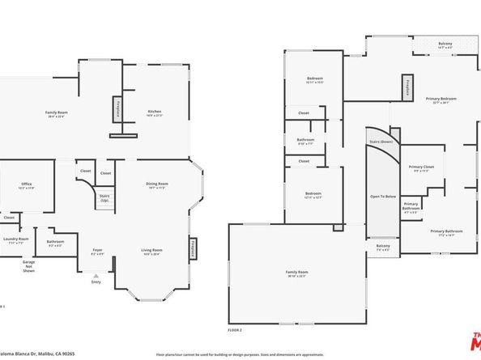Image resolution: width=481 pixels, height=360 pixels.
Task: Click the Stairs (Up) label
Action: pyautogui.click(x=104, y=197)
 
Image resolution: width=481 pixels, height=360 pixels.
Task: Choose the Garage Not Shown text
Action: pyautogui.click(x=29, y=266)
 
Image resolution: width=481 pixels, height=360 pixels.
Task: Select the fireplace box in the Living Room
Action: pyautogui.click(x=193, y=248)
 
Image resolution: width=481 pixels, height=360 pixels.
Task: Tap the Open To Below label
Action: pyautogui.click(x=382, y=197)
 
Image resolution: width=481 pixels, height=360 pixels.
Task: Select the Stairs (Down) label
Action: pyautogui.click(x=381, y=141)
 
